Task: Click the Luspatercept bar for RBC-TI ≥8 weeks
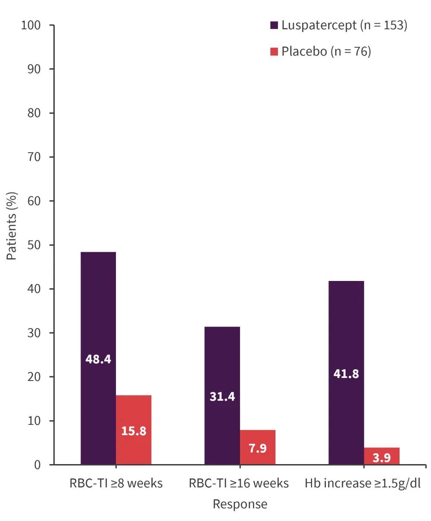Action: point(98,310)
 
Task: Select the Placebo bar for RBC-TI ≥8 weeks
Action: point(134,414)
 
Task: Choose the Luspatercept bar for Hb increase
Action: point(346,336)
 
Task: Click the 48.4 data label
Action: point(98,359)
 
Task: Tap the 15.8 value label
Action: point(134,431)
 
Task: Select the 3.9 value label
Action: point(382,458)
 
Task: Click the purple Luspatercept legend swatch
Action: point(274,25)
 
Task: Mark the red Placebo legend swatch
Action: point(274,52)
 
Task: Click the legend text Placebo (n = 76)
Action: point(326,52)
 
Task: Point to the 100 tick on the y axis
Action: point(31,25)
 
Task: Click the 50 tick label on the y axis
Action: point(34,245)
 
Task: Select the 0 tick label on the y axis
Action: point(37,465)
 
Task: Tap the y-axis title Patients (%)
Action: point(12,226)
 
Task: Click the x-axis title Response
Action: point(240,504)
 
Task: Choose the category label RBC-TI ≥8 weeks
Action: point(116,484)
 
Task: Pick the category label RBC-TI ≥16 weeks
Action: point(239,484)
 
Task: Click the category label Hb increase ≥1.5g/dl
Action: point(363,484)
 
